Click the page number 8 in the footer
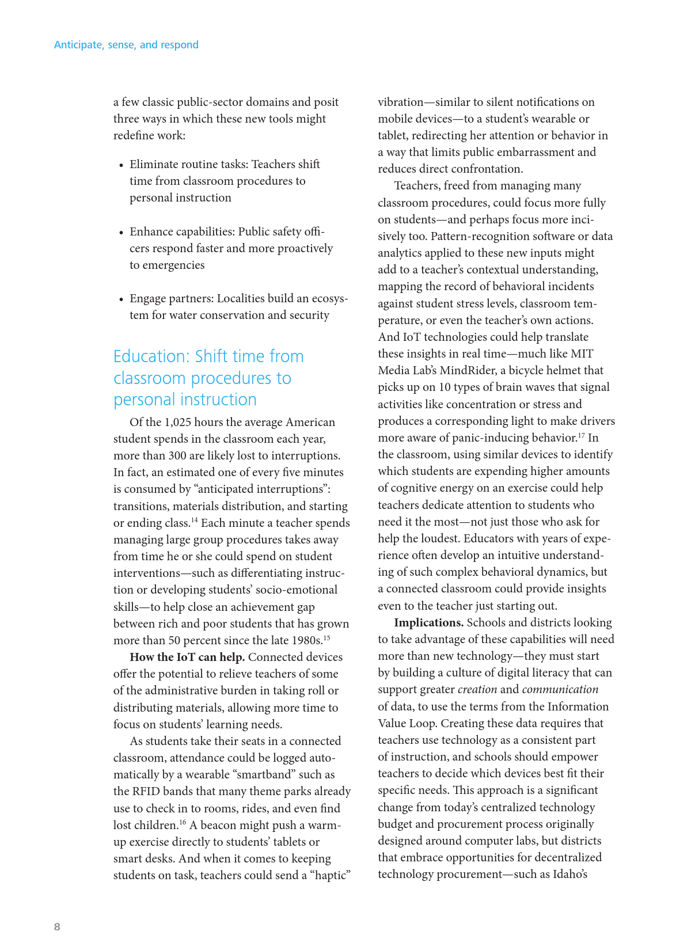click(x=57, y=926)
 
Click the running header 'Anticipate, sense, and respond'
click(x=126, y=45)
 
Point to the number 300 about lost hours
click(x=177, y=455)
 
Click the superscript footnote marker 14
click(x=195, y=520)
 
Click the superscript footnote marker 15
click(x=326, y=638)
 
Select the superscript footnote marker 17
click(x=582, y=435)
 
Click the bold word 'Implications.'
click(x=428, y=622)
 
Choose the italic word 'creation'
click(x=477, y=689)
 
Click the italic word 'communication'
click(x=560, y=689)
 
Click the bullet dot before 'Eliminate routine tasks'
click(x=122, y=165)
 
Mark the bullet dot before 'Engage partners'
click(x=122, y=299)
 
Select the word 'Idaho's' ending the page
click(x=570, y=874)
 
